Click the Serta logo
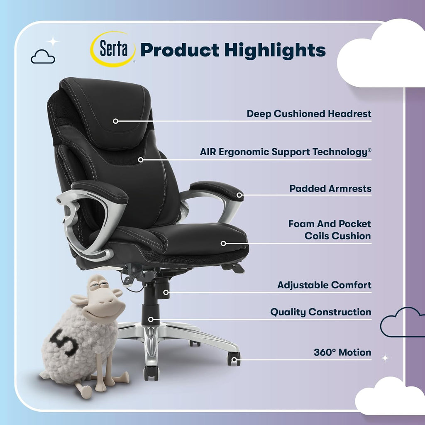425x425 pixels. tap(113, 49)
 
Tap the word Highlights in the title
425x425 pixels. tap(274, 50)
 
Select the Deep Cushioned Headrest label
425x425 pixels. tap(309, 114)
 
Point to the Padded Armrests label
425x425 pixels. tap(330, 188)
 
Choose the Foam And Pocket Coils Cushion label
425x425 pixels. tap(330, 230)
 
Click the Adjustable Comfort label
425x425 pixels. tap(324, 286)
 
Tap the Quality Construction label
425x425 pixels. tap(320, 312)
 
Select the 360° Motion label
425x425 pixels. tap(342, 352)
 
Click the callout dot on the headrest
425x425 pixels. tap(116, 121)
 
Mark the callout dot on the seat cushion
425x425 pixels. tap(223, 243)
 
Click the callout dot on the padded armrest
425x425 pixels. tap(240, 195)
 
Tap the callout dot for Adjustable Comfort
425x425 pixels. tap(166, 292)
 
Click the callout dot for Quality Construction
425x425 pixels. tap(151, 319)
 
